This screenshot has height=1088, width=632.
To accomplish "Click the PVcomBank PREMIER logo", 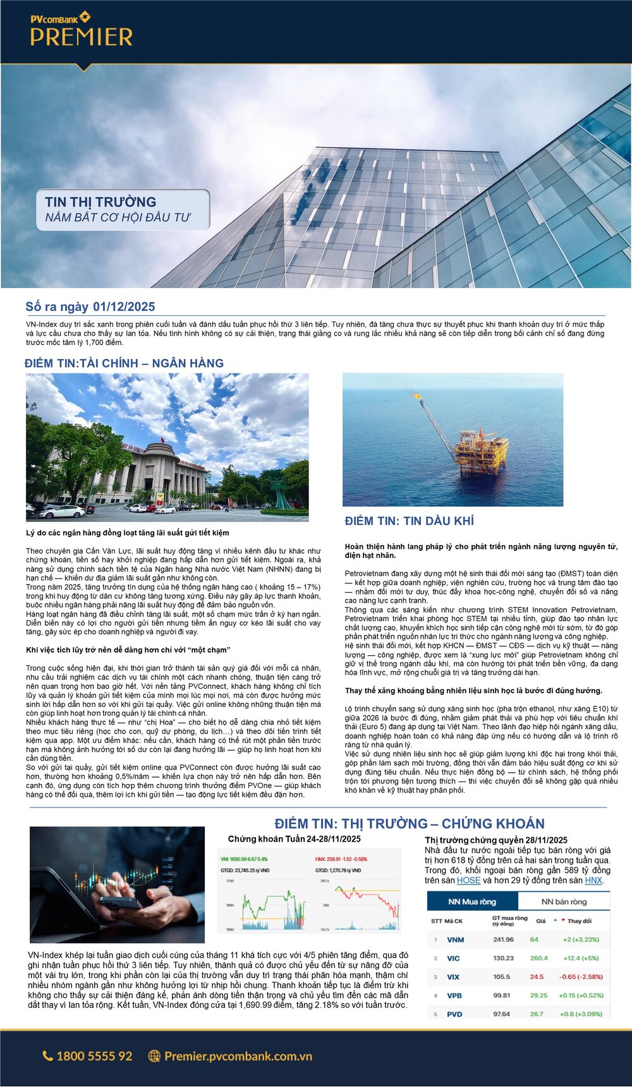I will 82,30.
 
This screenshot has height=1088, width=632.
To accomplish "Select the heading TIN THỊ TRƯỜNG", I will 100,202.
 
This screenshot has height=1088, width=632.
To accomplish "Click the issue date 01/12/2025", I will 124,307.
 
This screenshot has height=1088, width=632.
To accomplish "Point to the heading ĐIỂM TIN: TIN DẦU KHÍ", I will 409,521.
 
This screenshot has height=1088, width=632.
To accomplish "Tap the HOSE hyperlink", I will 468,880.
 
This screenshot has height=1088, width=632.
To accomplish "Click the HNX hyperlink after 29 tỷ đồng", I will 593,880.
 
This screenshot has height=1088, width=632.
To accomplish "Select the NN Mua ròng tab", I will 472,902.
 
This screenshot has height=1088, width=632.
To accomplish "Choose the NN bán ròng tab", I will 564,902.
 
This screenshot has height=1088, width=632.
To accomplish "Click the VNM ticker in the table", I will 455,940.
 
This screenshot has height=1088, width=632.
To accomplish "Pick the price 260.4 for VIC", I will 538,958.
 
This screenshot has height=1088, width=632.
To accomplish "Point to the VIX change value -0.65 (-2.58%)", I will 580,977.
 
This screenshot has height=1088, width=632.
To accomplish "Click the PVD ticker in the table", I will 454,1014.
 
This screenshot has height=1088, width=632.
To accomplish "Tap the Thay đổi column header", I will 579,921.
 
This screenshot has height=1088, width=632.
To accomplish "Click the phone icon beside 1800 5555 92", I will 47,1056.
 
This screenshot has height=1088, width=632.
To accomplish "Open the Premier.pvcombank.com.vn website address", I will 238,1056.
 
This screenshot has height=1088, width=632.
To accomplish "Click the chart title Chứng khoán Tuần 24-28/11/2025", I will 294,839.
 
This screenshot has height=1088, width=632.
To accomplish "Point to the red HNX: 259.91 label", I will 341,859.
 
